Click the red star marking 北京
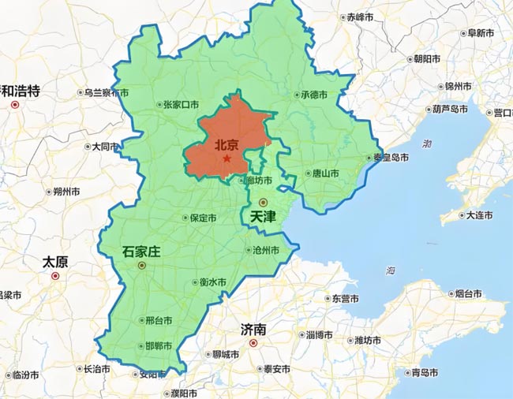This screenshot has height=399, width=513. [227, 158]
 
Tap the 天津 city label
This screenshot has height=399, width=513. [263, 215]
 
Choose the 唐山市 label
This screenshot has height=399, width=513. [325, 173]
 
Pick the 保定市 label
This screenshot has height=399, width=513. [201, 218]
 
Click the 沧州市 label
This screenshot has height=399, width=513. [265, 250]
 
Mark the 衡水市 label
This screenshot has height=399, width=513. [212, 282]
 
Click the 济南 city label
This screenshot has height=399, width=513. [254, 329]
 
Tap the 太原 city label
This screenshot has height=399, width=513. [55, 262]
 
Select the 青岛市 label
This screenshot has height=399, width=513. [415, 372]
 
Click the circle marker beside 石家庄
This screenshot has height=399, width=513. [141, 267]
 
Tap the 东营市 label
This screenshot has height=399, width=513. [345, 299]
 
